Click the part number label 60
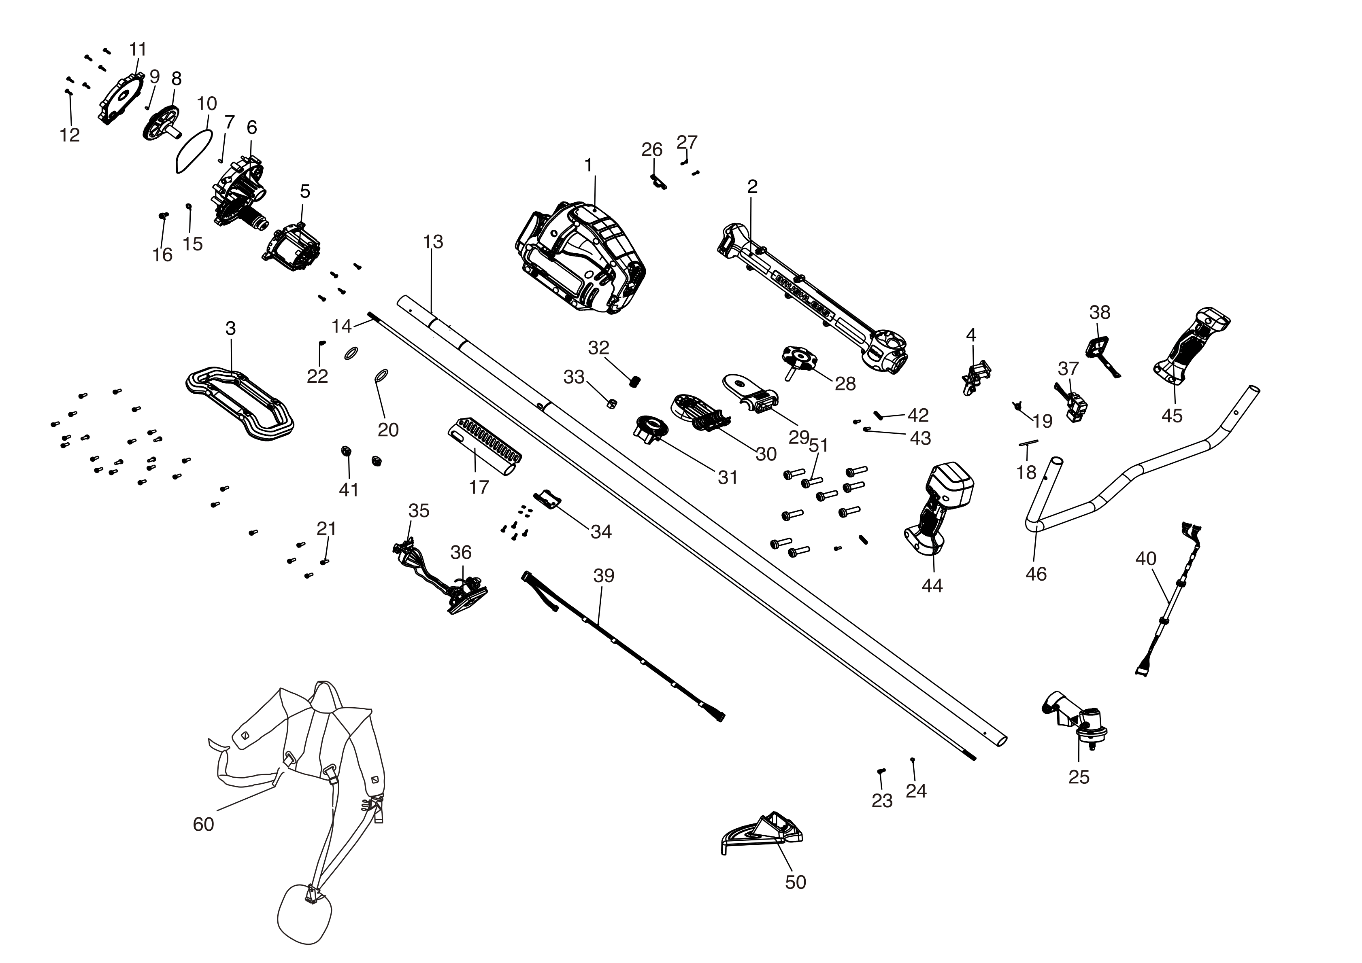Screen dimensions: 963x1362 point(204,824)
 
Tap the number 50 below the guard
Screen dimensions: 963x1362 point(796,882)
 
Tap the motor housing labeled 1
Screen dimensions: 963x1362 point(580,259)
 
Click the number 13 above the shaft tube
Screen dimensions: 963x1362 point(433,242)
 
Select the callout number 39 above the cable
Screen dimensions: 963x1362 point(604,576)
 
